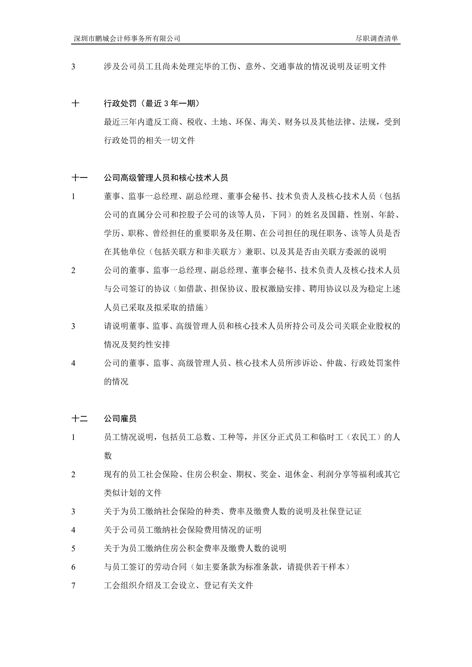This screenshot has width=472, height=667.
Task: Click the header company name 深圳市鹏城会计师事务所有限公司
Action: coord(127,38)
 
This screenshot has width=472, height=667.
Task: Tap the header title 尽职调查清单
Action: coord(377,38)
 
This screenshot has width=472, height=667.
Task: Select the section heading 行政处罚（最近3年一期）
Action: coord(152,103)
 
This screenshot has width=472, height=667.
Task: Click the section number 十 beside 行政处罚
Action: coord(75,103)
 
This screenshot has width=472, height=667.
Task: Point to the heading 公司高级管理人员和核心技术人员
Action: coord(166,178)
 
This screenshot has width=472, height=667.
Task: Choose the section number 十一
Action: coord(79,178)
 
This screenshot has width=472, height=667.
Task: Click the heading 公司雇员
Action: coord(120,418)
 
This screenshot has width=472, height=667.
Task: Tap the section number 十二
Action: coord(79,418)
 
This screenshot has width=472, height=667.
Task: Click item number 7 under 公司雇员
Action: coord(73,586)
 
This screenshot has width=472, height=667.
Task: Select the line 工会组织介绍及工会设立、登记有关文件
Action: coord(178,585)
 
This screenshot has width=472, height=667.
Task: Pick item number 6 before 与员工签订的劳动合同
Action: coord(73,567)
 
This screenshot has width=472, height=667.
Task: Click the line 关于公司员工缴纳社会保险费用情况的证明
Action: coord(182,530)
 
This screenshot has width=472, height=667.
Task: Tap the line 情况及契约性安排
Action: coord(137,344)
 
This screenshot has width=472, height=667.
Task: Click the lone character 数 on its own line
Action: coord(108,456)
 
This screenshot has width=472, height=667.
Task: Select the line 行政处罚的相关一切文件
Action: coord(149,141)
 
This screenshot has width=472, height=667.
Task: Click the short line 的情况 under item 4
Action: coord(116,381)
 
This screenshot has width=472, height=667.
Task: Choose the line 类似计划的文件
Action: coord(132,493)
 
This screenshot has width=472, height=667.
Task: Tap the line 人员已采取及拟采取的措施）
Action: coord(156,307)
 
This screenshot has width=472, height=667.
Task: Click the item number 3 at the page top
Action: coord(73,67)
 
